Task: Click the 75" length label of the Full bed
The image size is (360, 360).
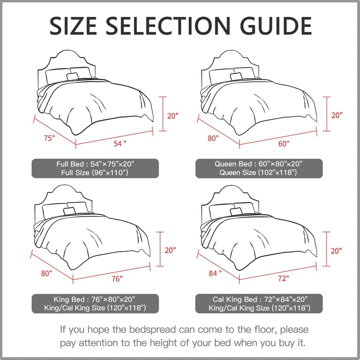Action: click(x=49, y=138)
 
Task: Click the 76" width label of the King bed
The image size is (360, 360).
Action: click(x=117, y=279)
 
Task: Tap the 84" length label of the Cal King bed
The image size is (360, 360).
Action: click(x=215, y=273)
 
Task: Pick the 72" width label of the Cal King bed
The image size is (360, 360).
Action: click(x=283, y=278)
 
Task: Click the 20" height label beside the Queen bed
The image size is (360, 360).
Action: click(x=337, y=115)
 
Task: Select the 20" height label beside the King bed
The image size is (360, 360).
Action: click(x=170, y=250)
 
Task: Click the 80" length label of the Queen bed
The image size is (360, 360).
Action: click(x=213, y=138)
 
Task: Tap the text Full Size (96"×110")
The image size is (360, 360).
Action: click(x=95, y=172)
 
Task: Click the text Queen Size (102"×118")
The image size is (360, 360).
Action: click(x=258, y=172)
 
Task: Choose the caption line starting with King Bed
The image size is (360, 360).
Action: click(x=94, y=299)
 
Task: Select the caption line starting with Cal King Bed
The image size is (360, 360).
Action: click(x=260, y=299)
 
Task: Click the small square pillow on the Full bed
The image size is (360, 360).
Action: click(x=73, y=76)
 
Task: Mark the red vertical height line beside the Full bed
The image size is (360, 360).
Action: click(x=163, y=114)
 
